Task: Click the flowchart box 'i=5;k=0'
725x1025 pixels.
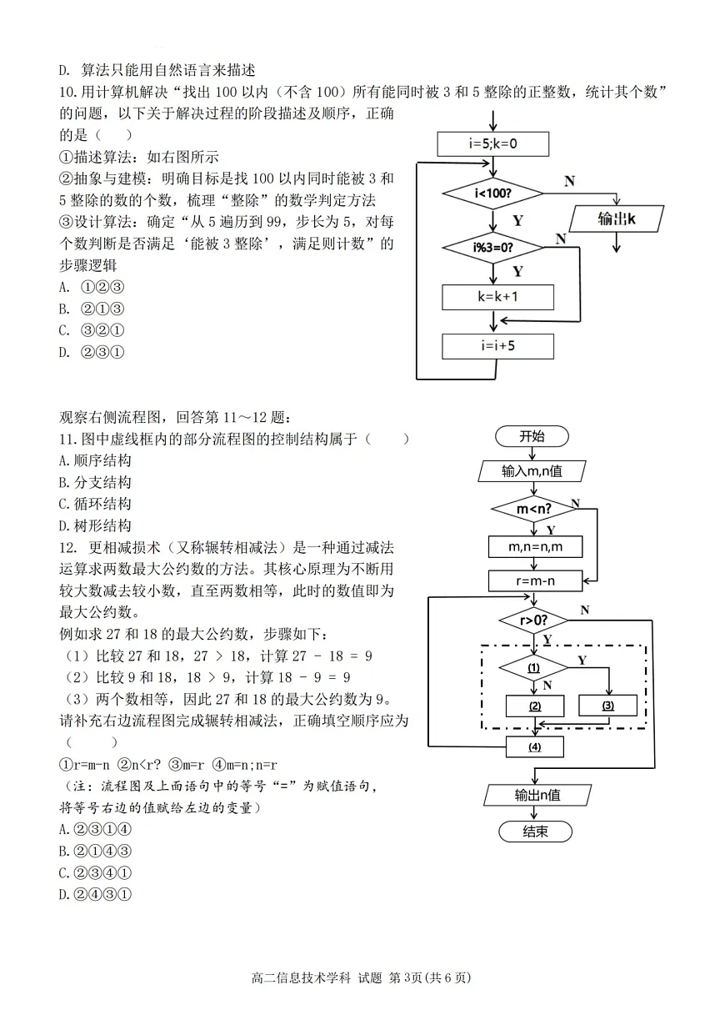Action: pyautogui.click(x=493, y=143)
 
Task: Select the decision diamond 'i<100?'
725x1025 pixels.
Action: pyautogui.click(x=493, y=193)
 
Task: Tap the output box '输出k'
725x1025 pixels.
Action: pyautogui.click(x=617, y=219)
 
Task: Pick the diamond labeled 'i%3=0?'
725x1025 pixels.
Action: pyautogui.click(x=493, y=247)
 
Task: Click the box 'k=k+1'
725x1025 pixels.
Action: pyautogui.click(x=498, y=297)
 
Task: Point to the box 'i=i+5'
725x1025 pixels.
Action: pyautogui.click(x=498, y=345)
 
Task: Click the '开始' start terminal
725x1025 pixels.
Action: pyautogui.click(x=532, y=436)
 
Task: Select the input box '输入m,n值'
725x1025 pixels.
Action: pyautogui.click(x=532, y=471)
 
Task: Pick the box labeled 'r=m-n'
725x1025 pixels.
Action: pyautogui.click(x=534, y=580)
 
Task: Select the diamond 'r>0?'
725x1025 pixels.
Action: pyautogui.click(x=533, y=621)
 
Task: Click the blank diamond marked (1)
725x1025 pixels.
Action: pyautogui.click(x=533, y=668)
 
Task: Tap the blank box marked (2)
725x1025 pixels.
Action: pyautogui.click(x=535, y=706)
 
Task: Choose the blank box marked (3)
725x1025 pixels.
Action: pyautogui.click(x=607, y=706)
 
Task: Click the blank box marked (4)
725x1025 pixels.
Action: pyautogui.click(x=534, y=746)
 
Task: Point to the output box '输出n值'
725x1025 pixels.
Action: pyautogui.click(x=537, y=795)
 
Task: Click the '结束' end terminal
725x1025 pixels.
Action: pyautogui.click(x=535, y=832)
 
